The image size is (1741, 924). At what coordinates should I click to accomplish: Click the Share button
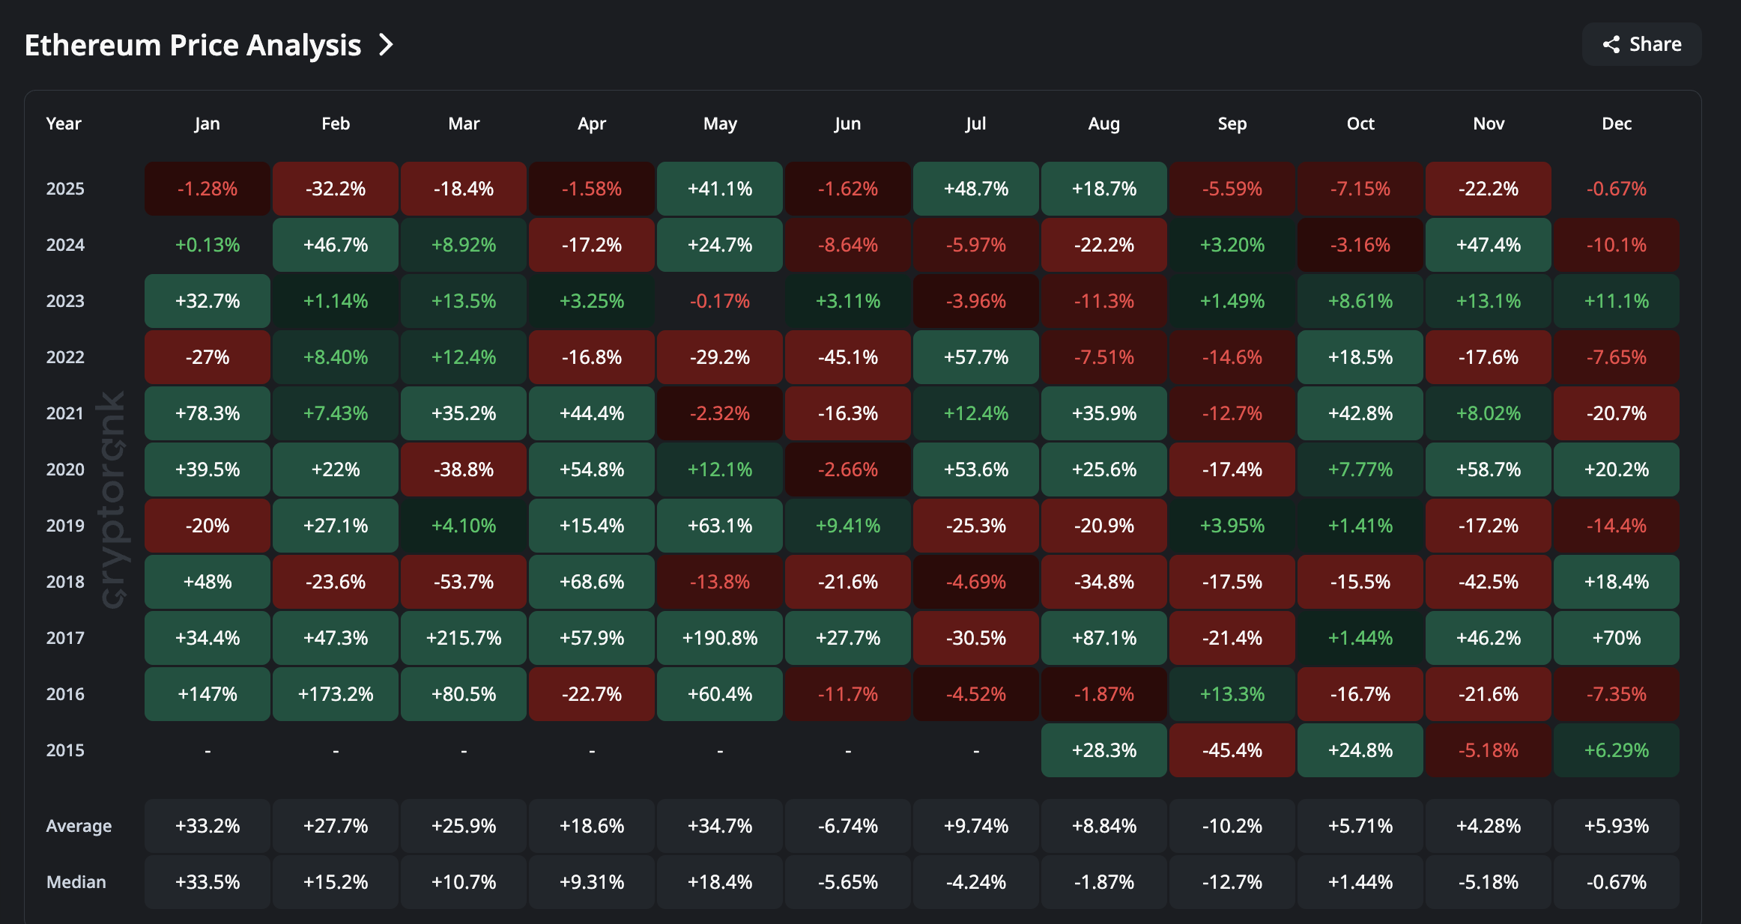tap(1642, 45)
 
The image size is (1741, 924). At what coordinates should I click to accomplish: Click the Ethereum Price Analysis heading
tap(193, 46)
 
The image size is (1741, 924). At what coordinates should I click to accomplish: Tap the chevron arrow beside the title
tap(386, 45)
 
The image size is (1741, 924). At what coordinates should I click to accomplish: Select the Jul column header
tap(975, 124)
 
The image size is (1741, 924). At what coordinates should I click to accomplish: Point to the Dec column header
tap(1616, 124)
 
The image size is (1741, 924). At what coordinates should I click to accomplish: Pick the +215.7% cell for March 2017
tap(464, 638)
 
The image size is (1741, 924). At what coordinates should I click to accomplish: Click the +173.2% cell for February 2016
tap(336, 694)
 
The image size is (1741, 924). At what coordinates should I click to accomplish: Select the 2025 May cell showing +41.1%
tap(720, 189)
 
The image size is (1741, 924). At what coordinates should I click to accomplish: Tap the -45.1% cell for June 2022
tap(848, 357)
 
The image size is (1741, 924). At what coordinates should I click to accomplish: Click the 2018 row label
tap(65, 582)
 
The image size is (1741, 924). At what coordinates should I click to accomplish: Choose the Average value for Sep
tap(1232, 826)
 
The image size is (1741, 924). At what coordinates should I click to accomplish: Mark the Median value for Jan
tap(208, 882)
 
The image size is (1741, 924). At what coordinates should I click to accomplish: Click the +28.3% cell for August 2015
tap(1103, 750)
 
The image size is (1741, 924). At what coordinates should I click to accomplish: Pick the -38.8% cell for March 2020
tap(464, 469)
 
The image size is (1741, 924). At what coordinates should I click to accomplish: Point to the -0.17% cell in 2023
tap(720, 301)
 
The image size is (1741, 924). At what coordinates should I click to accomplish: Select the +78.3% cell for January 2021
tap(208, 413)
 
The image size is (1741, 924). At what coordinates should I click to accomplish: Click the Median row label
tap(76, 882)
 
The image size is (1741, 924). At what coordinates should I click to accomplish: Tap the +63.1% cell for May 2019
tap(720, 526)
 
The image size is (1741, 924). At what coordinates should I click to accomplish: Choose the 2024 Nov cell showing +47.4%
tap(1488, 245)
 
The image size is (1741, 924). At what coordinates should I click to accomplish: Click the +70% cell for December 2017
tap(1616, 638)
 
